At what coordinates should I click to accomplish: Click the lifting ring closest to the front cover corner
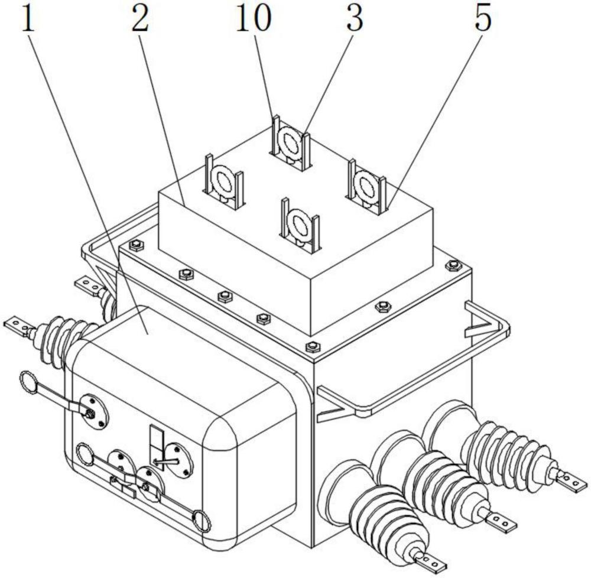(300, 223)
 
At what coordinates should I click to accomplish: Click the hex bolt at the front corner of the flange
(312, 346)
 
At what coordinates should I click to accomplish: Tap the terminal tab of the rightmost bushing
(569, 481)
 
